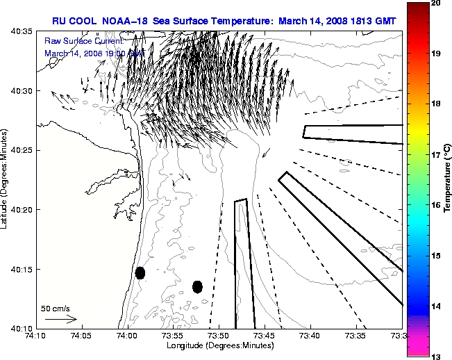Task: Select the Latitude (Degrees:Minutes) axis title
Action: coord(6,179)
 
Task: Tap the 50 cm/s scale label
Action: coord(56,308)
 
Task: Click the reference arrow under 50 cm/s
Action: coord(60,319)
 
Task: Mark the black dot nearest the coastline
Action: coord(140,272)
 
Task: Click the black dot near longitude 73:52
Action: coord(197,286)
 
